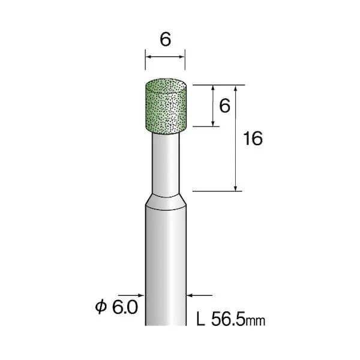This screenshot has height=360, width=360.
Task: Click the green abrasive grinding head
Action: pos(166,106)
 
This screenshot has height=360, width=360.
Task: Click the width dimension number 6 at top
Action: pos(166,39)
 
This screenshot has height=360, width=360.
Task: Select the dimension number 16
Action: pos(253,139)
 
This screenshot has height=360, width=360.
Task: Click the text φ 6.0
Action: pos(116,308)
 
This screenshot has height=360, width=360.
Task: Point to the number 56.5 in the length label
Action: pos(228,319)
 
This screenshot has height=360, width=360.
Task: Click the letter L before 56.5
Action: pos(200,319)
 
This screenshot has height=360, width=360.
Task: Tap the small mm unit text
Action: pos(256,321)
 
